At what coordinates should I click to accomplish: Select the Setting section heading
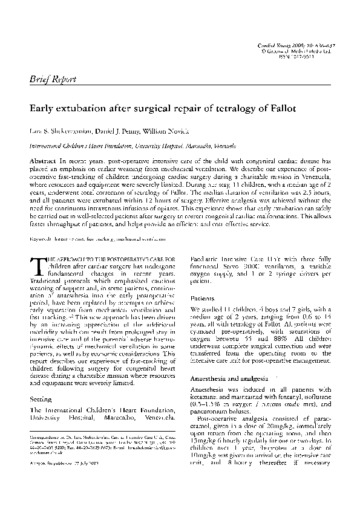[41, 400]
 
